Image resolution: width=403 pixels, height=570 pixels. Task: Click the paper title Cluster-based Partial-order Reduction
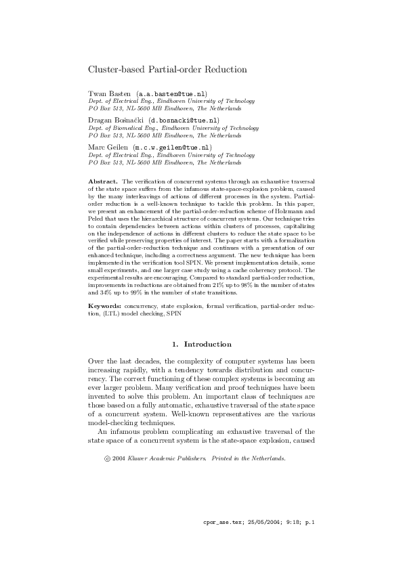point(167,69)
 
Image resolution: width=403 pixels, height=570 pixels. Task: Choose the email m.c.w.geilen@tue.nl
point(173,146)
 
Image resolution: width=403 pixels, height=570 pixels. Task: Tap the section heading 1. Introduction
point(202,345)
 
